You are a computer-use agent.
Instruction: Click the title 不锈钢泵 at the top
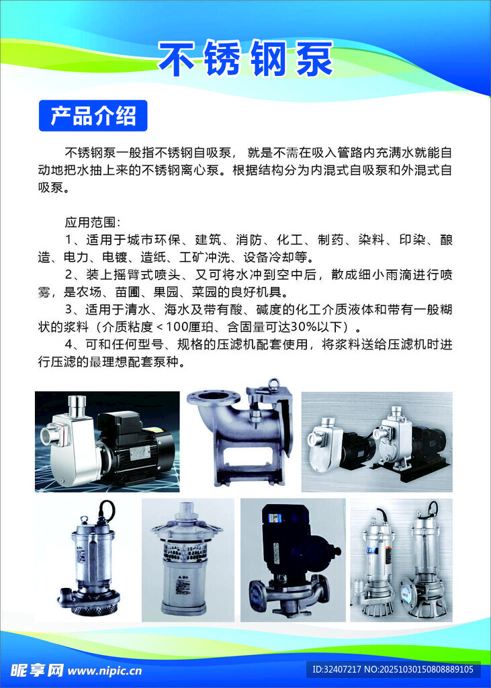pos(245,59)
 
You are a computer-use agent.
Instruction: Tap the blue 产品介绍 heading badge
pos(93,116)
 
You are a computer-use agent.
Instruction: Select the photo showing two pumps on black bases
pos(376,441)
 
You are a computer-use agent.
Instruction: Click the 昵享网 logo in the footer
pos(37,670)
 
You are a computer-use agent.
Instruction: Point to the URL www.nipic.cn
pos(105,671)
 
